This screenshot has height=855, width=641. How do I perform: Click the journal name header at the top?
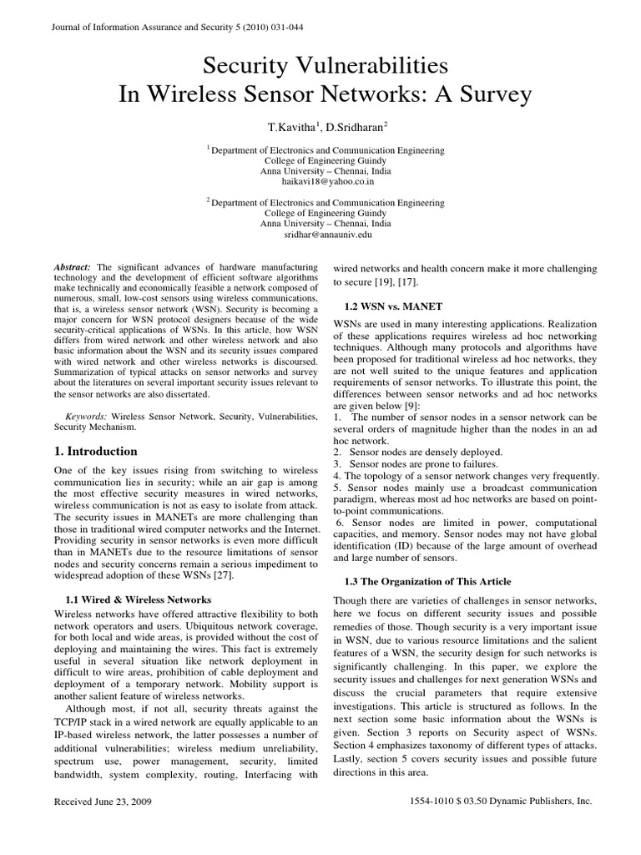click(x=166, y=27)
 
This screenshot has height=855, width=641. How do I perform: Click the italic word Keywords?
click(x=86, y=414)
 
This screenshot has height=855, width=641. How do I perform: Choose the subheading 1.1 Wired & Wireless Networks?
click(x=138, y=600)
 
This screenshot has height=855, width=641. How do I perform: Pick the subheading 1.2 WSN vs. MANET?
click(x=393, y=306)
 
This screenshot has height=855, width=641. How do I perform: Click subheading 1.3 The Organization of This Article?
click(x=427, y=581)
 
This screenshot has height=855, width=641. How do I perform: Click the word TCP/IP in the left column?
click(x=72, y=721)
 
